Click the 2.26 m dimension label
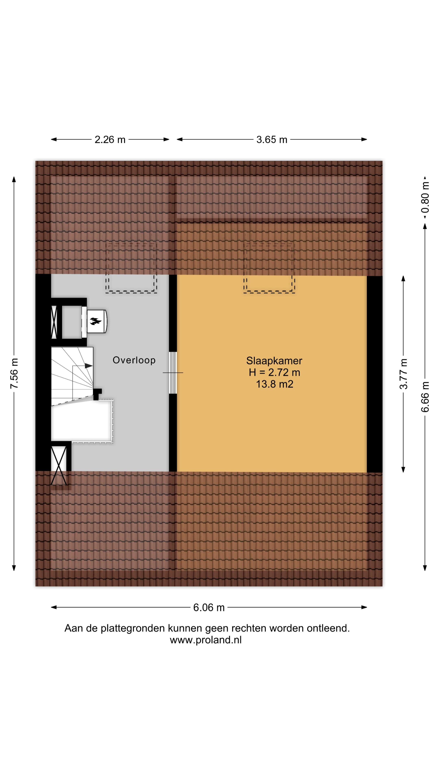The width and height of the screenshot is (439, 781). [x=110, y=140]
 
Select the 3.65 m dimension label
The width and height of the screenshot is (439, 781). [x=272, y=140]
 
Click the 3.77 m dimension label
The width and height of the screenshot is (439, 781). [x=403, y=374]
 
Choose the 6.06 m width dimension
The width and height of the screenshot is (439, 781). [x=209, y=607]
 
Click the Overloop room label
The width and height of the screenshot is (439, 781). [x=134, y=360]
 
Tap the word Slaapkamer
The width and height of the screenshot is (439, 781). [x=274, y=361]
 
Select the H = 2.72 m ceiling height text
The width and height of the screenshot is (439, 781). [x=274, y=372]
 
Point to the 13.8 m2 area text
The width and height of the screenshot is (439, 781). [x=275, y=384]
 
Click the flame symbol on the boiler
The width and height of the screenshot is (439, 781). [x=95, y=321]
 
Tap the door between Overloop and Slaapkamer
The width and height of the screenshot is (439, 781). [x=173, y=373]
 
